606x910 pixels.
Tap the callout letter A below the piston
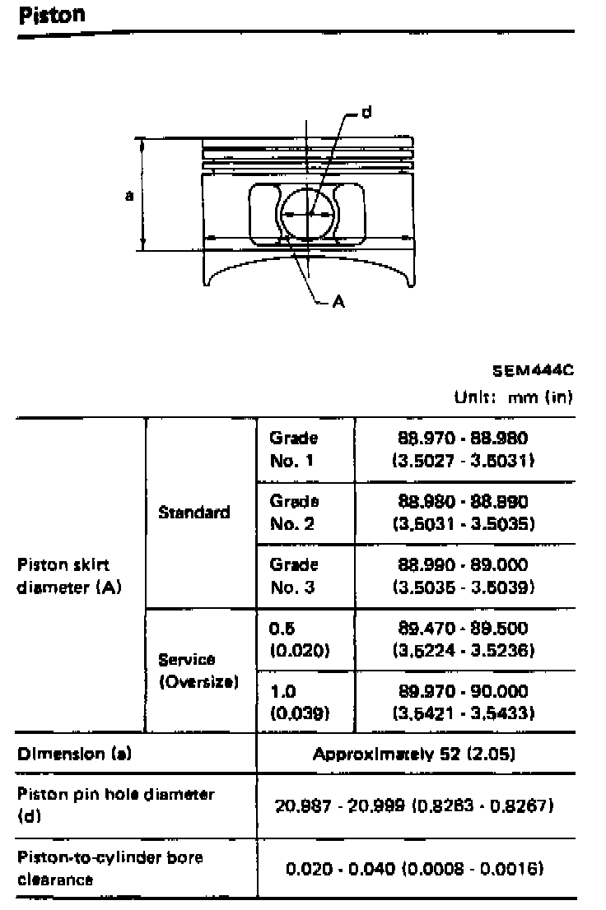[338, 302]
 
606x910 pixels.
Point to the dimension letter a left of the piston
[129, 195]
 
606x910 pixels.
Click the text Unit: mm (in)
[513, 397]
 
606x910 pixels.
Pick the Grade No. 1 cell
[293, 449]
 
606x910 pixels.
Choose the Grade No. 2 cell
[293, 512]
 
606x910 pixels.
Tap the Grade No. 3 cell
[293, 576]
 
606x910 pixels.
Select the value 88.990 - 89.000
[464, 566]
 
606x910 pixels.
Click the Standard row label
[194, 512]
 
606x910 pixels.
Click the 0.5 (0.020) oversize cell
[300, 639]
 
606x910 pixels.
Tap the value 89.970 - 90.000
[464, 692]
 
